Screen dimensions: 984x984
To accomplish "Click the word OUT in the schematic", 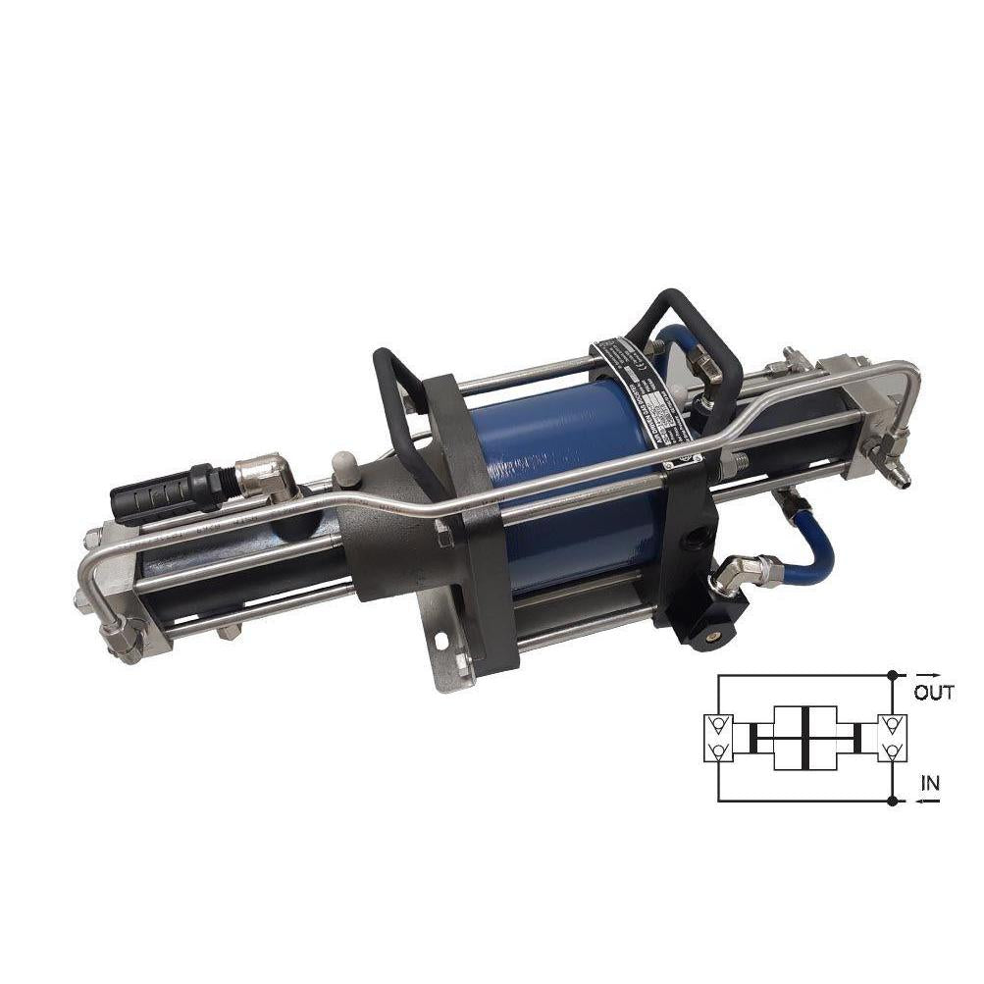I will tap(934, 693).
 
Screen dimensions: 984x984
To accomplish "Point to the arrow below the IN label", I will tap(930, 802).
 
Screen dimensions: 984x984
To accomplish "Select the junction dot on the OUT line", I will tap(892, 675).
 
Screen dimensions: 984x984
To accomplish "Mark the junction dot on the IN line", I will tap(892, 802).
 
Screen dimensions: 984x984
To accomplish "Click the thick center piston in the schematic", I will tap(803, 738).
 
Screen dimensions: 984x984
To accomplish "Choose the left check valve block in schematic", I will tap(718, 739).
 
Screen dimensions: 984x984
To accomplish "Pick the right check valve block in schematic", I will tap(892, 739).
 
